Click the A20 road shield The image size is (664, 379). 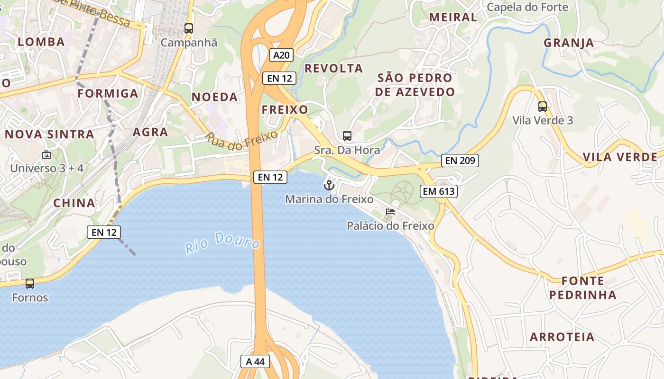[x=281, y=55]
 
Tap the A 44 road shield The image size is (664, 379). [x=255, y=361]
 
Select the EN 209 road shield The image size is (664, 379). [x=460, y=161]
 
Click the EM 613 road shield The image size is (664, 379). [x=438, y=191]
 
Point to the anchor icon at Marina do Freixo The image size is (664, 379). [x=329, y=185]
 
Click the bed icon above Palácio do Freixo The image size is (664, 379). [x=390, y=211]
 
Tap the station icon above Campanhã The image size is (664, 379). [x=189, y=28]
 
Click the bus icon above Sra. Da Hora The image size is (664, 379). [x=347, y=136]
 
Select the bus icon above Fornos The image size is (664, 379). [x=30, y=284]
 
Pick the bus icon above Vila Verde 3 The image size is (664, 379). [x=543, y=107]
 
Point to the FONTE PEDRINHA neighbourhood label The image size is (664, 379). [x=583, y=288]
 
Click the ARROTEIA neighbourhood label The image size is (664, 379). [x=562, y=337]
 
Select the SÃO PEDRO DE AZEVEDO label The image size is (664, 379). [x=415, y=85]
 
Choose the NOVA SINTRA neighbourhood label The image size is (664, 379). [x=49, y=134]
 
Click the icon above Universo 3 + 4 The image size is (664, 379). [x=46, y=154]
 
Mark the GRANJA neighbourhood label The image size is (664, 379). [x=569, y=43]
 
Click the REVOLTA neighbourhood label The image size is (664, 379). [x=333, y=68]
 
